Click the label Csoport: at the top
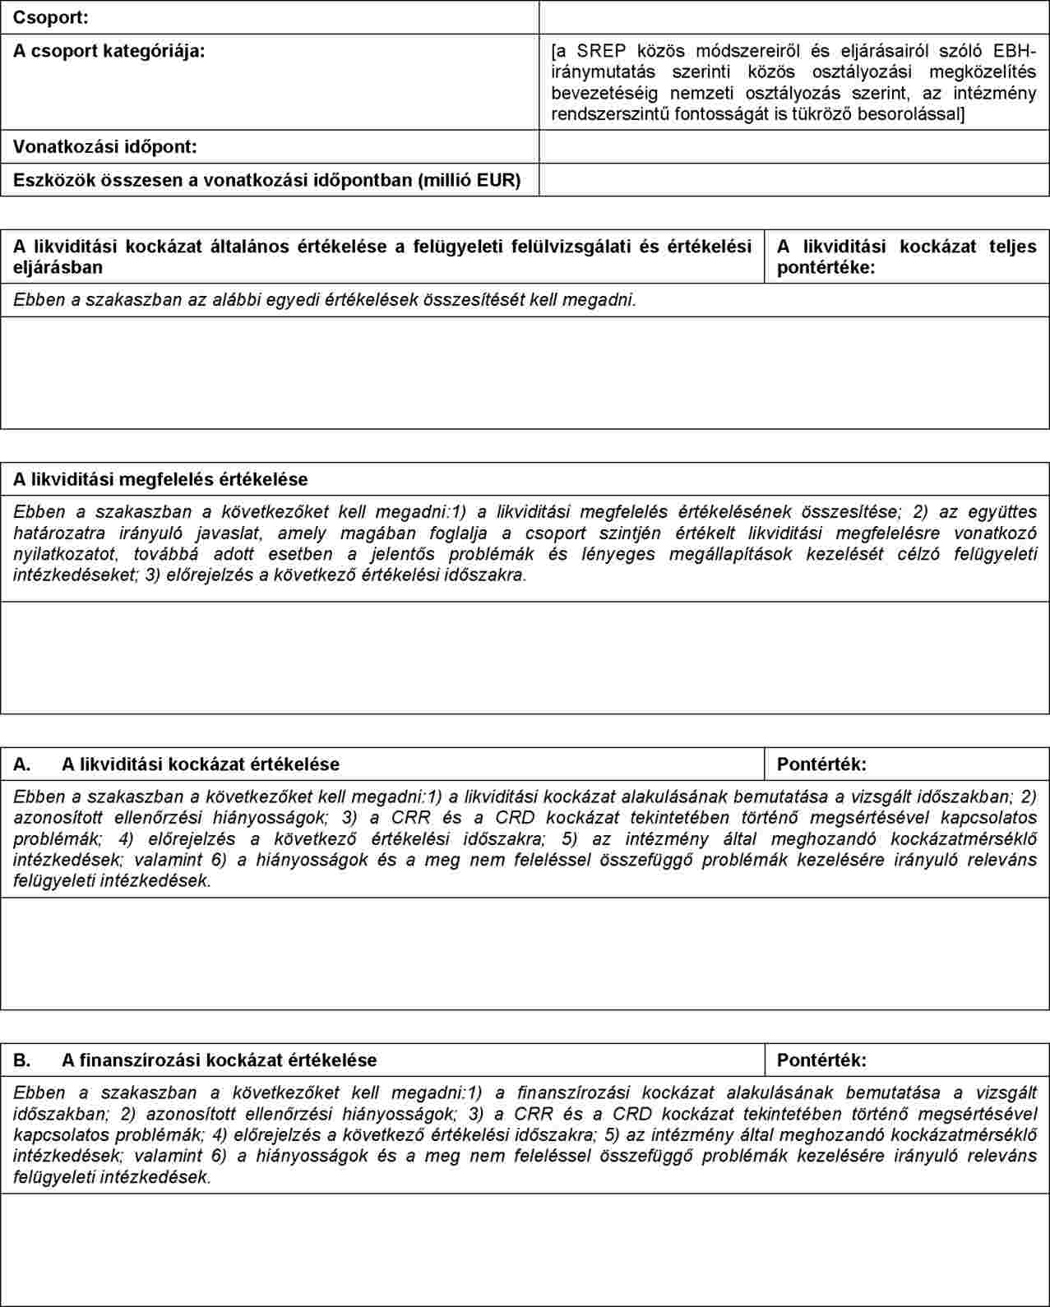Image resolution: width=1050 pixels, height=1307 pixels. tap(51, 17)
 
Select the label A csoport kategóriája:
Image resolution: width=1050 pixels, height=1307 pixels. tap(109, 51)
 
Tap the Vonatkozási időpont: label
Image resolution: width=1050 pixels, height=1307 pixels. tap(105, 147)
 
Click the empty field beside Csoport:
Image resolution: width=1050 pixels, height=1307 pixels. tap(793, 17)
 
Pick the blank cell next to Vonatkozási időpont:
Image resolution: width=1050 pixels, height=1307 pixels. tap(793, 147)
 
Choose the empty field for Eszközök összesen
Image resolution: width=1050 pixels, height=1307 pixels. tap(793, 179)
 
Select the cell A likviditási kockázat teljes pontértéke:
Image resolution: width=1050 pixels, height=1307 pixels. tap(906, 256)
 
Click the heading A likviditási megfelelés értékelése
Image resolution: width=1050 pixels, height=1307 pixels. tap(160, 479)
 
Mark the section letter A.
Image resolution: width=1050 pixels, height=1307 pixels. tap(22, 764)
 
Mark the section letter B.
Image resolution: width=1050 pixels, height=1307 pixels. tap(22, 1060)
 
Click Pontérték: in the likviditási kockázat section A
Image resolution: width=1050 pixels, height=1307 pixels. tap(821, 764)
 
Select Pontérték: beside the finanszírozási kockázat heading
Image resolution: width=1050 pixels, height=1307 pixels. tap(821, 1060)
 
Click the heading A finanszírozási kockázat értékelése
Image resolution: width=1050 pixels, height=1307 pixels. tap(219, 1060)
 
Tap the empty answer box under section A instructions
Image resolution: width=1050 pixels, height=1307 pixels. tap(525, 954)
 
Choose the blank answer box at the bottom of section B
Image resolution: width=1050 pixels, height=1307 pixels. tap(525, 1249)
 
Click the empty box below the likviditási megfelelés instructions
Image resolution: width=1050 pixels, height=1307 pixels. tap(525, 658)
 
